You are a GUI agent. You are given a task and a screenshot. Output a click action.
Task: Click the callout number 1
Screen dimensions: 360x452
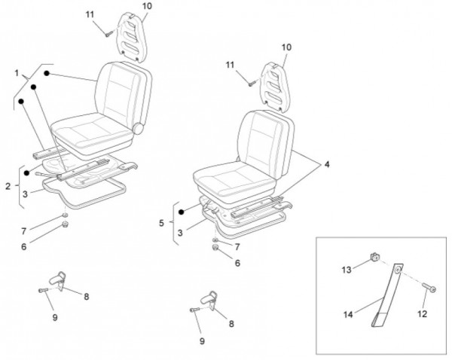tap(16, 73)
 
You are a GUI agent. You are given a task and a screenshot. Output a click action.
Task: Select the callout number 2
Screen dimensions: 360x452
tap(7, 185)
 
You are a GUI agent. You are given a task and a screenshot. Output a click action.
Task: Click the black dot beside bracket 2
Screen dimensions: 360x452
tap(26, 172)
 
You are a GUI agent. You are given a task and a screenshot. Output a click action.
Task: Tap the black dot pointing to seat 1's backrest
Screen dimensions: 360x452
tap(46, 74)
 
